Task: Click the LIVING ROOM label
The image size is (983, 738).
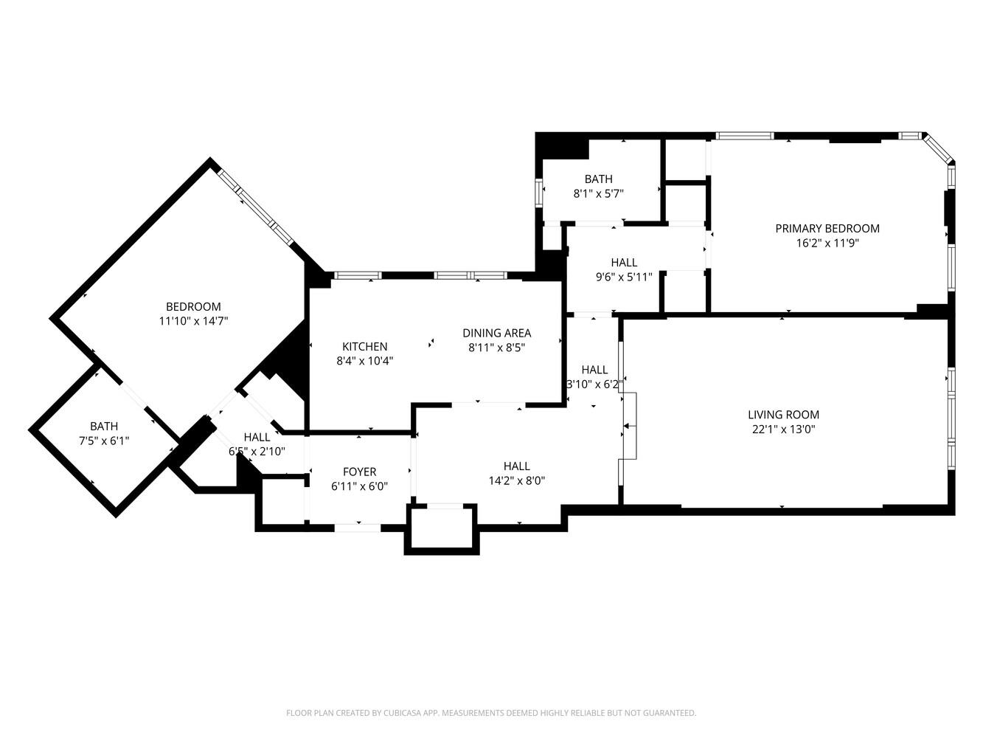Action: [x=783, y=415]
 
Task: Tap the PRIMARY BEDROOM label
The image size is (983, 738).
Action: [x=827, y=229]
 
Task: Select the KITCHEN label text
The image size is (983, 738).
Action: [x=364, y=347]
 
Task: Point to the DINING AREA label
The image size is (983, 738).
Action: [x=496, y=333]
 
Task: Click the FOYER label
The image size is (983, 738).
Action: [x=359, y=472]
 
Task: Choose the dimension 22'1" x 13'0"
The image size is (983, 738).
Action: [x=783, y=430]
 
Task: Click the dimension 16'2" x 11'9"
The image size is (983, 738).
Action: [x=827, y=243]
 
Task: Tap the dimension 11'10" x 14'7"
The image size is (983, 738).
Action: [x=193, y=321]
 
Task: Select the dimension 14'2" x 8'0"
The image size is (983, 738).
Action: [x=516, y=480]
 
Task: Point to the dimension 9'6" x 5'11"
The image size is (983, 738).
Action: [x=623, y=277]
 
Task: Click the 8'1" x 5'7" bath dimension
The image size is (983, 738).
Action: [x=598, y=193]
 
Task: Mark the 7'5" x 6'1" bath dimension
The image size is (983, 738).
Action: [x=104, y=441]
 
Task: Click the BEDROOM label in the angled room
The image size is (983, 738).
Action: [x=193, y=307]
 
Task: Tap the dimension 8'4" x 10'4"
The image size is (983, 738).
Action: [x=364, y=362]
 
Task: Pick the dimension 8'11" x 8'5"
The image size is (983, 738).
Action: [x=496, y=348]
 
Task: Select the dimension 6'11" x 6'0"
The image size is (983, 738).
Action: [x=359, y=486]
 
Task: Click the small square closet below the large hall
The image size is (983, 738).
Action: [x=441, y=528]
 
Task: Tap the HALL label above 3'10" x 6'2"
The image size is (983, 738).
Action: [x=594, y=370]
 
